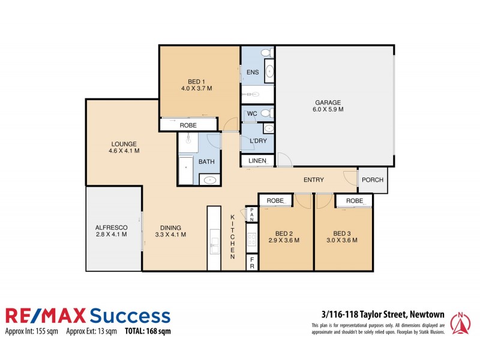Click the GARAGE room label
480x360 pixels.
pos(327,101)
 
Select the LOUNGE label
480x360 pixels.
pos(124,144)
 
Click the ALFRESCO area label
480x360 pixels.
pos(112,227)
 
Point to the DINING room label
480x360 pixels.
pos(170,227)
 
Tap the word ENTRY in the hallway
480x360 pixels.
pos(314,180)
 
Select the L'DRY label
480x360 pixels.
pos(257,141)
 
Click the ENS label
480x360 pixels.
pos(252,72)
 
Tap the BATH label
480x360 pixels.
pos(207,162)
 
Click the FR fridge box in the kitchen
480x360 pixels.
pos(252,262)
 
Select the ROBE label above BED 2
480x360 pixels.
pos(275,200)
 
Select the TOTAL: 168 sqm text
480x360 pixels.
pos(148,331)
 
